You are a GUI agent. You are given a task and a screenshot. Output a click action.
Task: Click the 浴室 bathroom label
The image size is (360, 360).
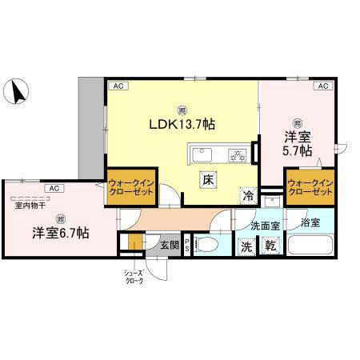point(310,220)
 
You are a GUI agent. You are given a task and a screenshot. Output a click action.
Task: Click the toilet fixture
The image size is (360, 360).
point(209,245)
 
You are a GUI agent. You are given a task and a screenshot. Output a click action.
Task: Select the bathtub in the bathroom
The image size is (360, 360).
point(310,245)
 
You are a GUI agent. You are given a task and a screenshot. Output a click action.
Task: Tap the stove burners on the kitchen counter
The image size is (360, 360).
point(237,154)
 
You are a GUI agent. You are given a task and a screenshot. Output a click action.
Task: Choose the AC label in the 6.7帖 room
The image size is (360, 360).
point(54,188)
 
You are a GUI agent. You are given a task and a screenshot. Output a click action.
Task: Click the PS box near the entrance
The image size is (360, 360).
point(187,245)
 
